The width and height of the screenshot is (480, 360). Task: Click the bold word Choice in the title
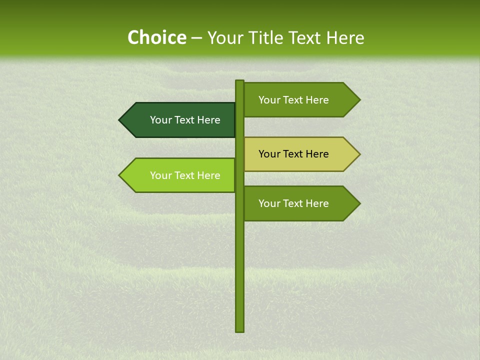[x=156, y=38]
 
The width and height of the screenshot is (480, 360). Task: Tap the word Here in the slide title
[x=344, y=38]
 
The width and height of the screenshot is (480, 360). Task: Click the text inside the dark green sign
[x=185, y=120]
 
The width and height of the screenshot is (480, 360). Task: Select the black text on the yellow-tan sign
[x=293, y=154]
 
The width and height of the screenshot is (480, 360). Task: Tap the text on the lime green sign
[x=185, y=175]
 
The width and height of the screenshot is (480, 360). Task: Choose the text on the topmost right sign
[x=293, y=100]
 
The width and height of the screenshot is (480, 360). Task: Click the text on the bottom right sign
[x=293, y=203]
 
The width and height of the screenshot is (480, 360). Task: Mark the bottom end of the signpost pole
[x=239, y=329]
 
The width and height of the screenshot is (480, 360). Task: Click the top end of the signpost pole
[x=239, y=82]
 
